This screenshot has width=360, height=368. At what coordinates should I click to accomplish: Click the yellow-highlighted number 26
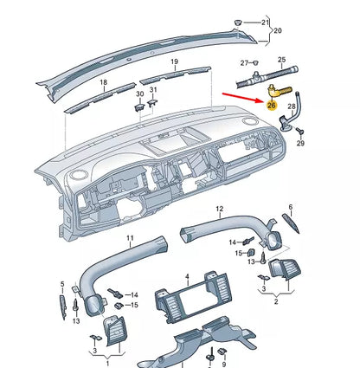(272, 105)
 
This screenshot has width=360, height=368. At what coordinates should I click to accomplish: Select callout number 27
(246, 63)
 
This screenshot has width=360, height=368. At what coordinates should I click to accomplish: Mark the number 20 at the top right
(278, 30)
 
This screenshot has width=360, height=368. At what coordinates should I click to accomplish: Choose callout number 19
(174, 62)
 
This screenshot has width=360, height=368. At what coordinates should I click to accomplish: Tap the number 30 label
(139, 91)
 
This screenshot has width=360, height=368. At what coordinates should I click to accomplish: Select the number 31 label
(153, 89)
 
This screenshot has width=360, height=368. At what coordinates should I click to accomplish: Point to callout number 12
(220, 209)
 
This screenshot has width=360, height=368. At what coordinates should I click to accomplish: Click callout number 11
(131, 238)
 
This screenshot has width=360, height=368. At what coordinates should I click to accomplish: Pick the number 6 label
(290, 209)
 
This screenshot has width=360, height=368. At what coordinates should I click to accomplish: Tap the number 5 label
(61, 283)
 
